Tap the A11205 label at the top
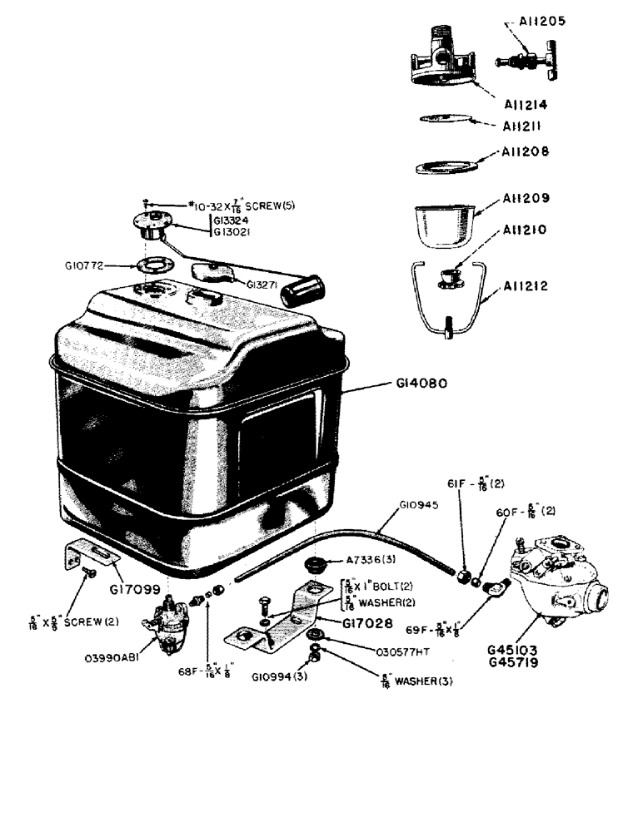click(542, 21)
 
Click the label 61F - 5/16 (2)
click(476, 483)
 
